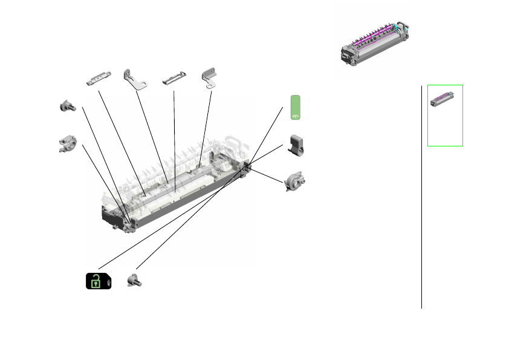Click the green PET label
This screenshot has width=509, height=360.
pos(296,107)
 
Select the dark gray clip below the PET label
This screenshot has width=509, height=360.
pos(296,145)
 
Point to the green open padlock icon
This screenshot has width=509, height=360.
pos(95,281)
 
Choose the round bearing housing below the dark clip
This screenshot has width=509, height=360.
pos(295,181)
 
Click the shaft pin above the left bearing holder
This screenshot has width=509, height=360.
pos(66,106)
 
